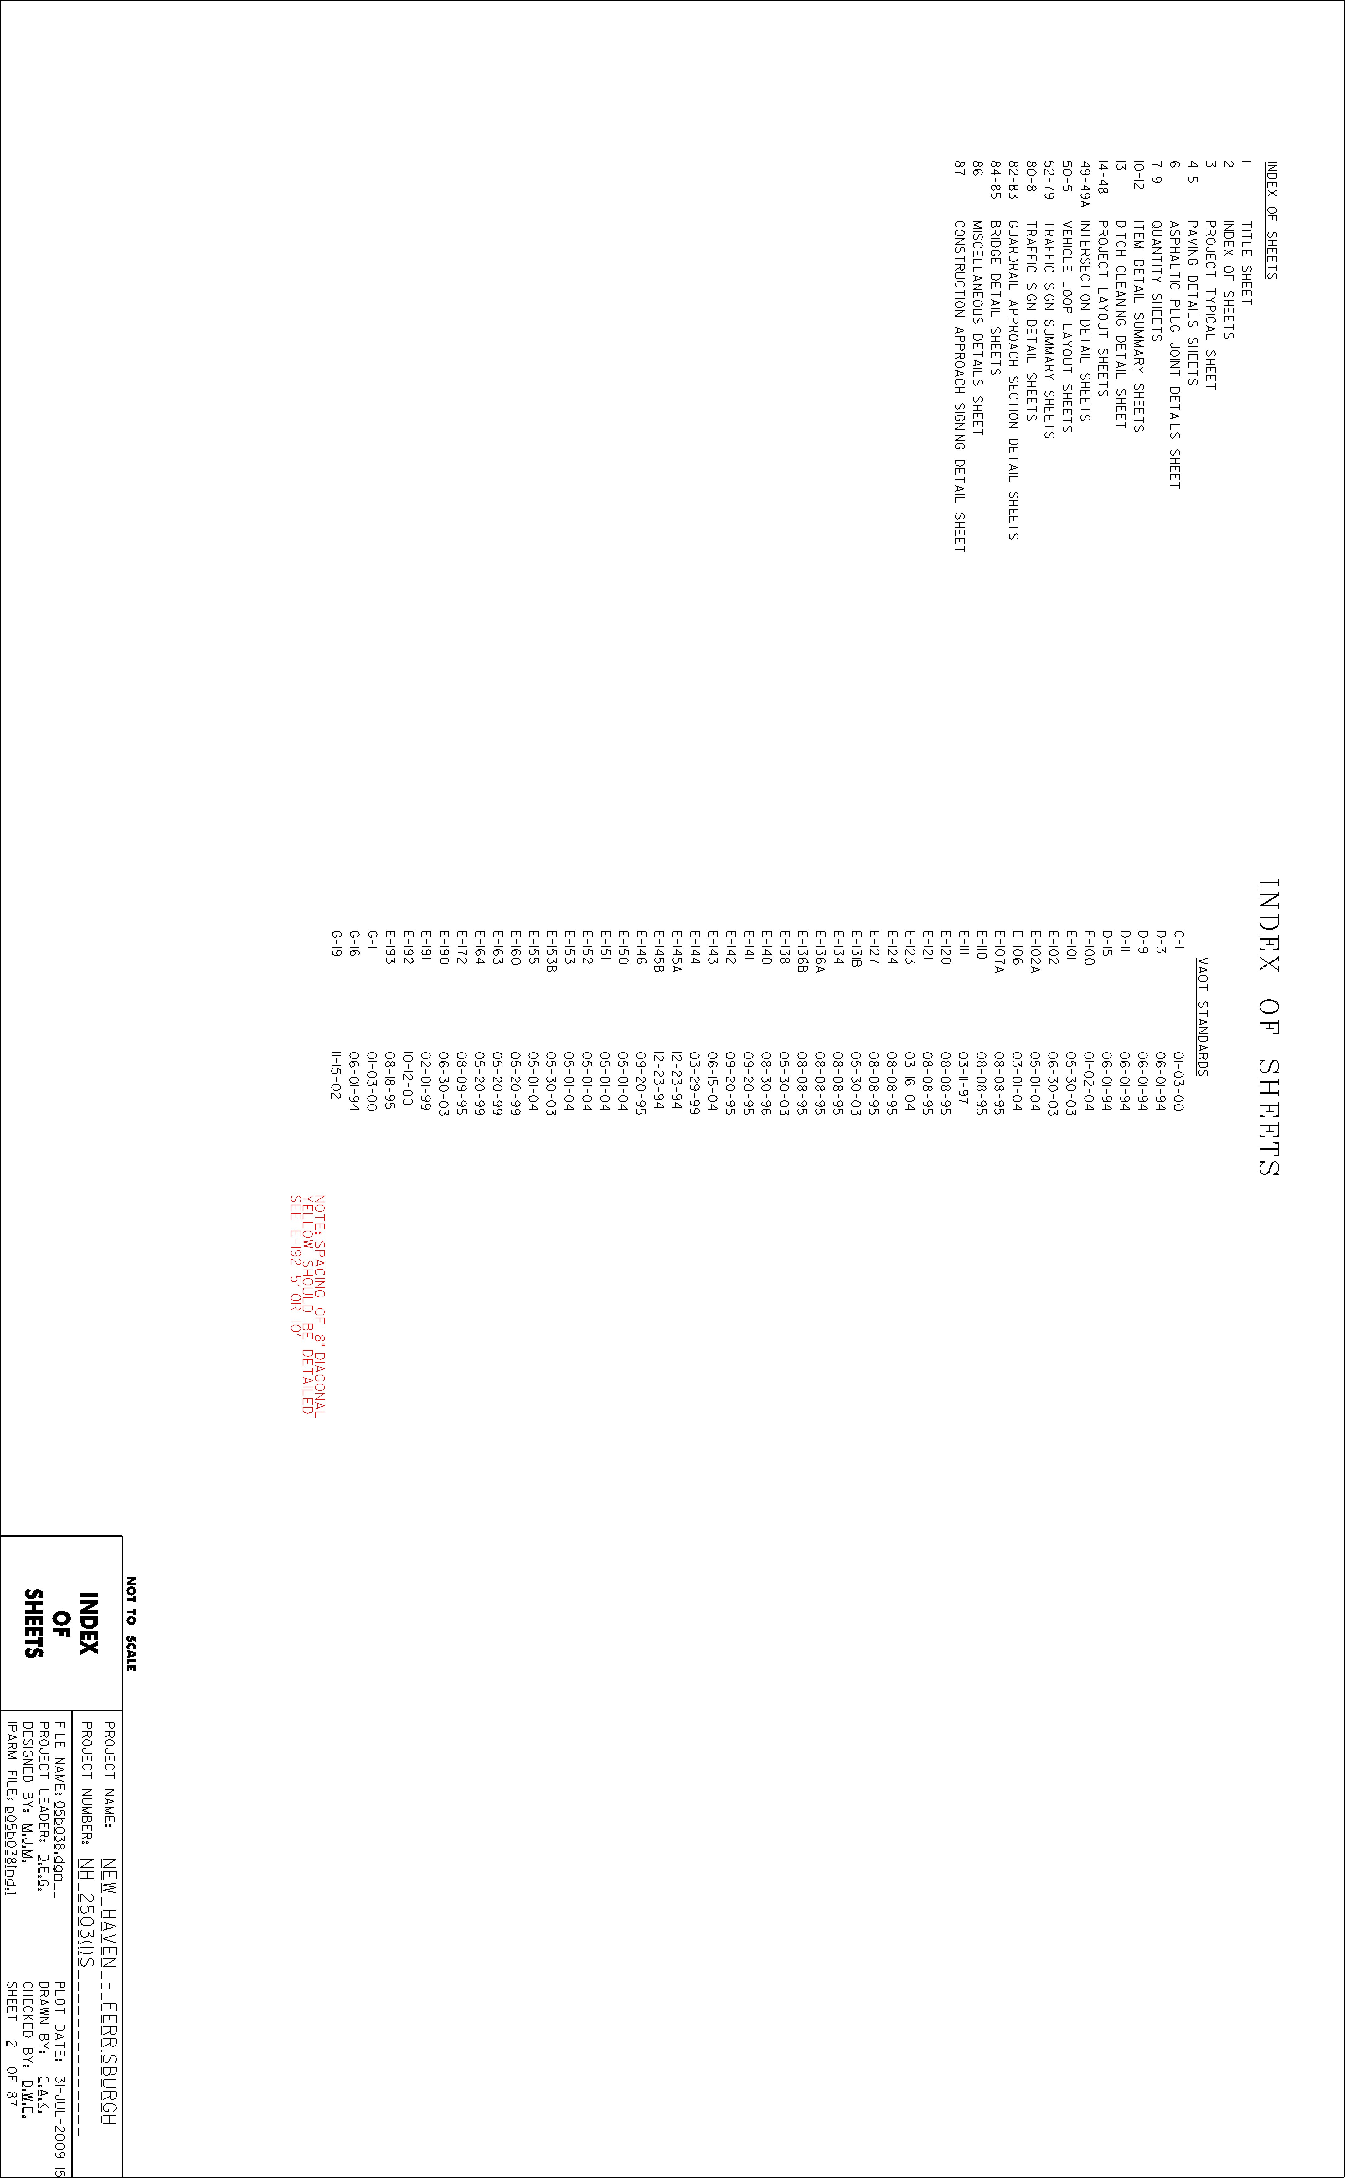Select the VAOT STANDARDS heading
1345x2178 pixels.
coord(1202,1017)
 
